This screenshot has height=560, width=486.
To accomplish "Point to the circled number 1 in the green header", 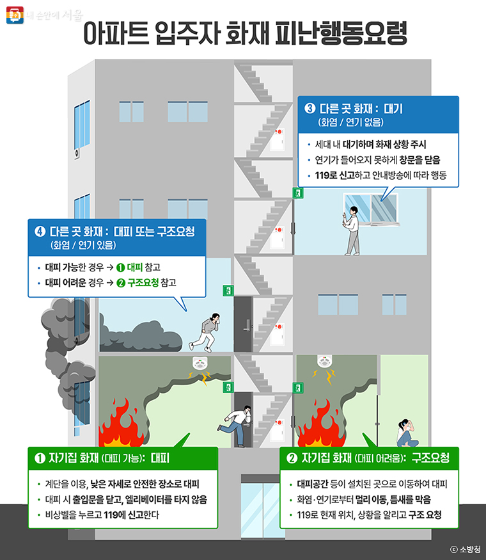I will (40, 458).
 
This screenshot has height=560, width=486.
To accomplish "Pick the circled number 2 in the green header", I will (292, 458).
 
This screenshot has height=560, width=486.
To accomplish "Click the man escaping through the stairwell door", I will (235, 425).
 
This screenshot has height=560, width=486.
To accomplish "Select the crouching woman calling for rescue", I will (405, 433).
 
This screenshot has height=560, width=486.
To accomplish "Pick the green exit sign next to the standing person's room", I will (297, 192).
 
